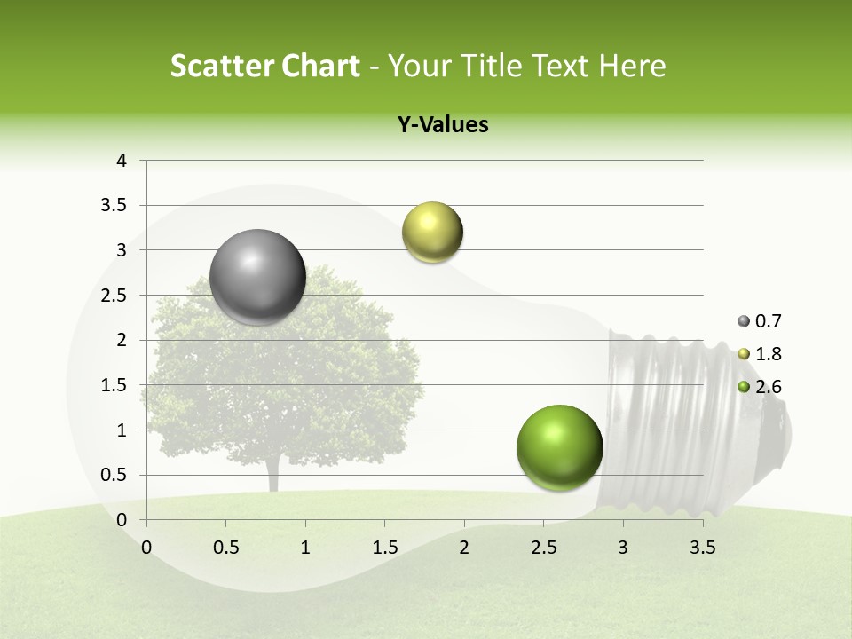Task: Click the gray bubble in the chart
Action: pyautogui.click(x=257, y=277)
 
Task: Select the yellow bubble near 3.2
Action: pyautogui.click(x=432, y=232)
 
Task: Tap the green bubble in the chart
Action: pyautogui.click(x=559, y=447)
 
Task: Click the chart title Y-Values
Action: pyautogui.click(x=442, y=125)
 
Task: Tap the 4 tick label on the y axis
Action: pyautogui.click(x=122, y=161)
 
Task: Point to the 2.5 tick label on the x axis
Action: pyautogui.click(x=543, y=548)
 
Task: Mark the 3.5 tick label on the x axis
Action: pyautogui.click(x=702, y=548)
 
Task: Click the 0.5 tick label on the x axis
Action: pyautogui.click(x=225, y=548)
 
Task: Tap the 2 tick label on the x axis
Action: pyautogui.click(x=464, y=548)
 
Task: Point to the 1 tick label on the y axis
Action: pyautogui.click(x=122, y=430)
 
